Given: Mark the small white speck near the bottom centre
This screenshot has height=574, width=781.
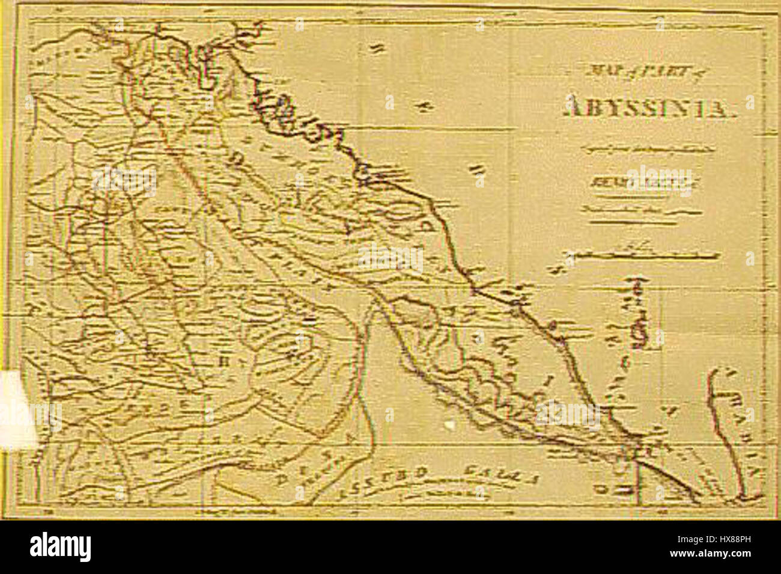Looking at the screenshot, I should point(449,424).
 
